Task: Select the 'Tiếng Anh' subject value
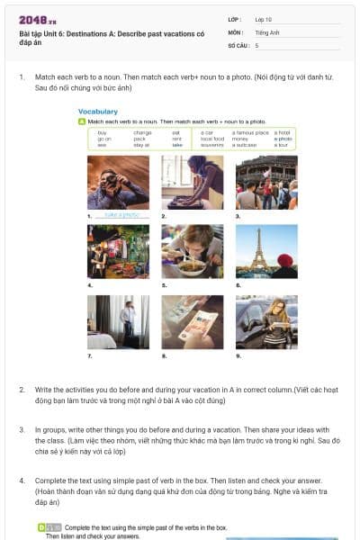269,31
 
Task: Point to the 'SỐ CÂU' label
238,44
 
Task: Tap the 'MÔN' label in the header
236,31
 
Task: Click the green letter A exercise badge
82,121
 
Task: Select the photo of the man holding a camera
118,183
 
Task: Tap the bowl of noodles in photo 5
192,267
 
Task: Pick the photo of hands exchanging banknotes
192,322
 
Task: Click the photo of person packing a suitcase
192,183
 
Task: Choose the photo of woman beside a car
266,322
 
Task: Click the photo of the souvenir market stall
118,252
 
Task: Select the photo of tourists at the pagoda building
266,183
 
